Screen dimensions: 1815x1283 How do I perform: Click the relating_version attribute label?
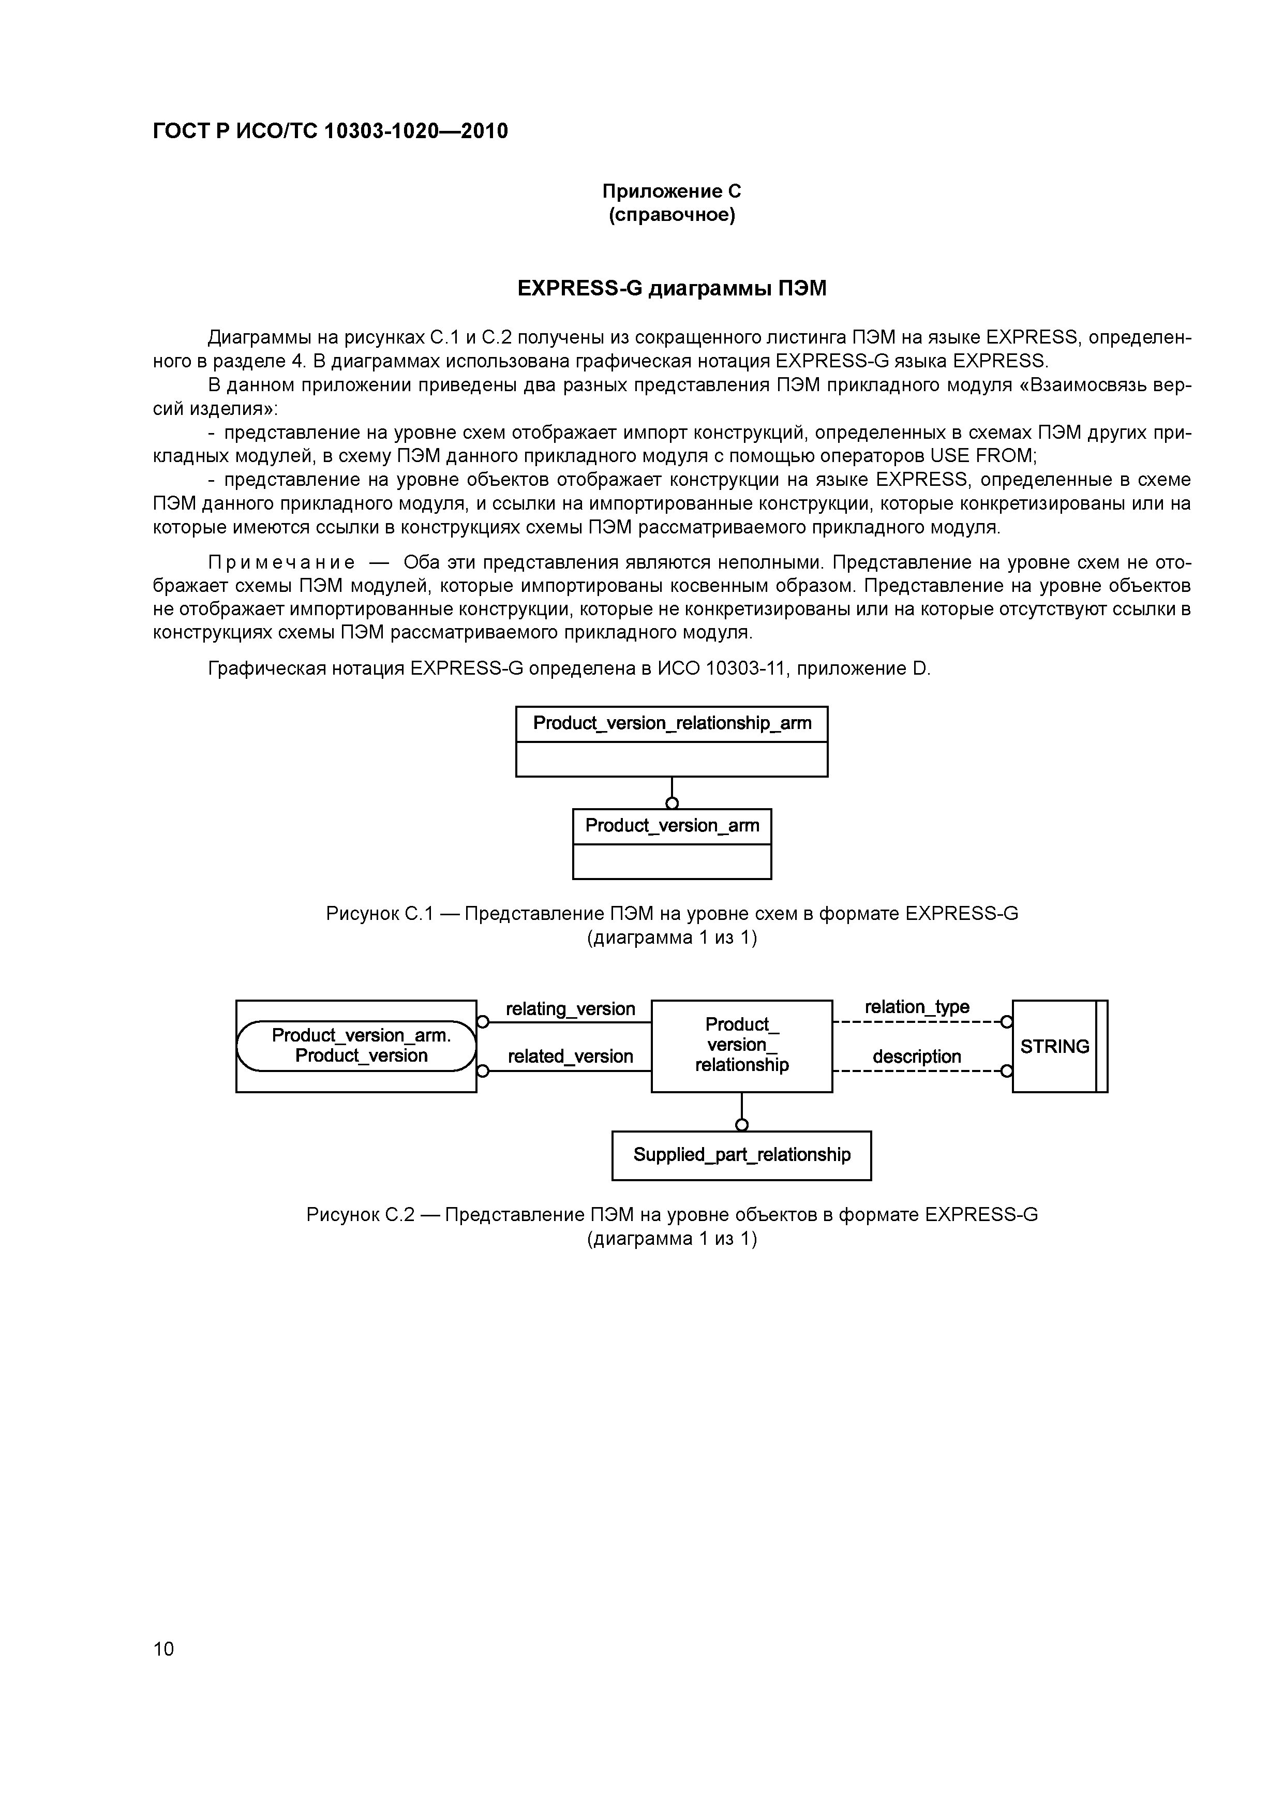pos(570,1009)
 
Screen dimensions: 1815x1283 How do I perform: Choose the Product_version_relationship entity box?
pos(741,1045)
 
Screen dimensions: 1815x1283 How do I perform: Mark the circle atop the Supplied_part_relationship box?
pos(741,1125)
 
